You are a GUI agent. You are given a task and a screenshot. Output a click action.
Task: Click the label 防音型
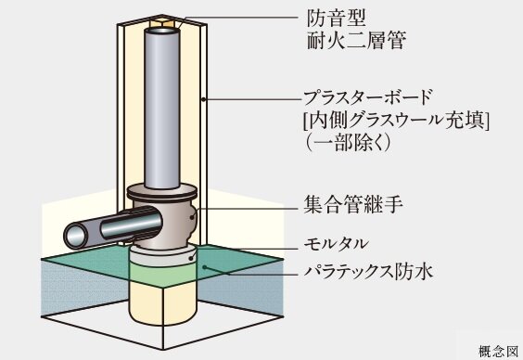[331, 18]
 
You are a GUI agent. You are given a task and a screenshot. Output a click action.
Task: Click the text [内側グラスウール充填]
[395, 120]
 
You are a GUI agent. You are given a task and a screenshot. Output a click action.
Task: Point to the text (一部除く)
[347, 143]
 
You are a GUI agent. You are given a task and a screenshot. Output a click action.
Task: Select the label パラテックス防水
[368, 272]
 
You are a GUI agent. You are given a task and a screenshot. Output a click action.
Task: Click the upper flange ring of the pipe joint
[163, 192]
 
